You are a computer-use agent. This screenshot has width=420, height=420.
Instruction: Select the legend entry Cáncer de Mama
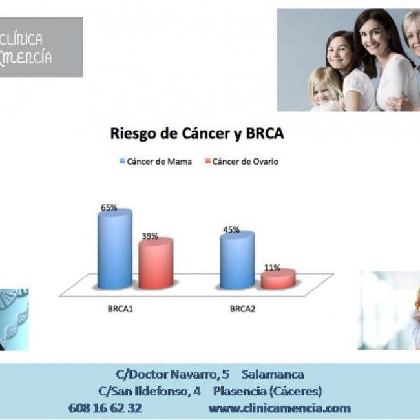[x=156, y=162]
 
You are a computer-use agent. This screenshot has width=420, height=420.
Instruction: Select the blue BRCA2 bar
[x=237, y=260]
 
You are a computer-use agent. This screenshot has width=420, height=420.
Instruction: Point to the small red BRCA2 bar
[x=278, y=278]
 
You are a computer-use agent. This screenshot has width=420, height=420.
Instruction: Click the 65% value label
[x=109, y=207]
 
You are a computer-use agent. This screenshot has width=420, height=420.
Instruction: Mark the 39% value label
[x=150, y=236]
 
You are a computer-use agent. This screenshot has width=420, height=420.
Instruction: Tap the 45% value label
[x=231, y=229]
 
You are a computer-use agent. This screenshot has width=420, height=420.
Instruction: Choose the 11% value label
[x=272, y=267]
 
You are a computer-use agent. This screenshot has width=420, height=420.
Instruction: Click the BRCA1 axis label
[x=120, y=309]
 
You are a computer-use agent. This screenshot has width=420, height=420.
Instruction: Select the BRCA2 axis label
[x=242, y=309]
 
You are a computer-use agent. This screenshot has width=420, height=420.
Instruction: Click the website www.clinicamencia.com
[x=279, y=408]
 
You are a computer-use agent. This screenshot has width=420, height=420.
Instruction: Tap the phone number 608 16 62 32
[x=105, y=408]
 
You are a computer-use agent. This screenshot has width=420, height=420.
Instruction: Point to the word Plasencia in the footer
[x=238, y=391]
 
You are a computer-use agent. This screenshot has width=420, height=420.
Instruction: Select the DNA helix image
[x=14, y=319]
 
